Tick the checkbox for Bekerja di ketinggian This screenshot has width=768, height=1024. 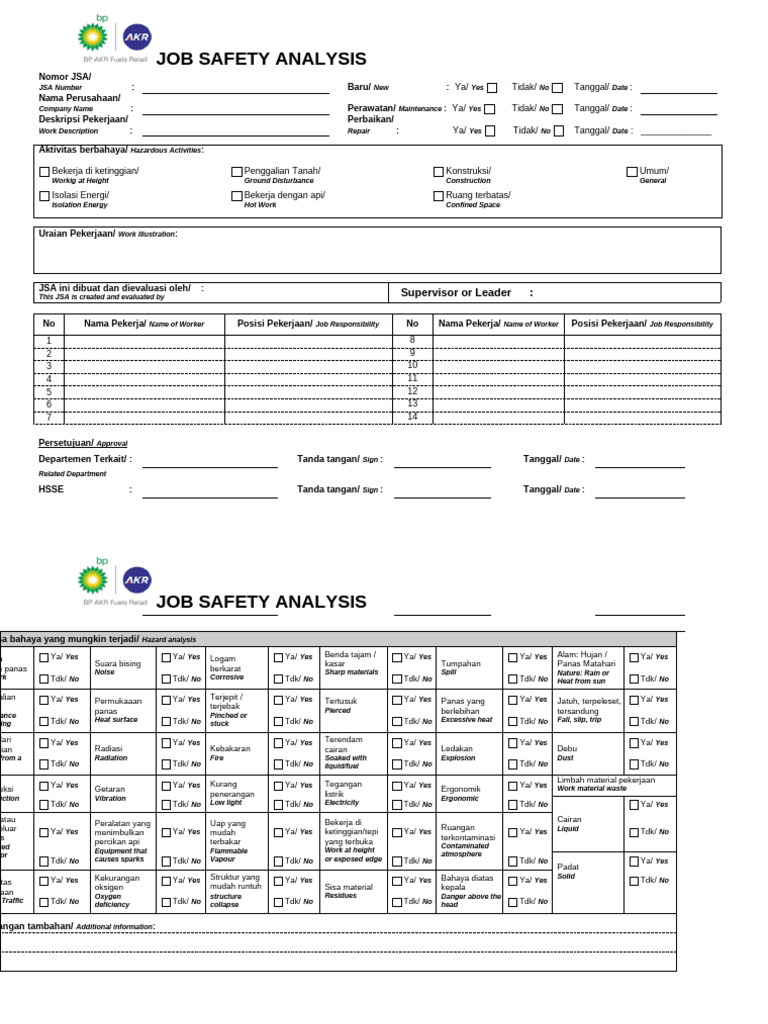point(44,172)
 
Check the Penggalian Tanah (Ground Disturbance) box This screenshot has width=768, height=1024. point(237,172)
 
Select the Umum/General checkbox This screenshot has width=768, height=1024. point(632,172)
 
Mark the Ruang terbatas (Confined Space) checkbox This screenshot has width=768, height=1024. point(438,196)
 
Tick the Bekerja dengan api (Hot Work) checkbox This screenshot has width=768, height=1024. point(237,196)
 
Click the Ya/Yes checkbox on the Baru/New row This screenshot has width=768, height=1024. point(492,88)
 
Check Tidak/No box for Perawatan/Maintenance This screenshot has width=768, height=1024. point(558,109)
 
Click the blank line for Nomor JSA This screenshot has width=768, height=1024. point(235,90)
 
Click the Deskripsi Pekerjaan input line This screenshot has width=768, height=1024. point(235,131)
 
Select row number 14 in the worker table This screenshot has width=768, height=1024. point(412,415)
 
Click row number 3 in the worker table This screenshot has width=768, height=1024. point(48,366)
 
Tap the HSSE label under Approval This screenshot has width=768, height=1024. point(51,489)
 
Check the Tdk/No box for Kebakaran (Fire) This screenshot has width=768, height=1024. point(279,764)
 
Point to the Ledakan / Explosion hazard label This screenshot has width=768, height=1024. point(457,752)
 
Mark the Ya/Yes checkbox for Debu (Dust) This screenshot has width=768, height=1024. point(634,743)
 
